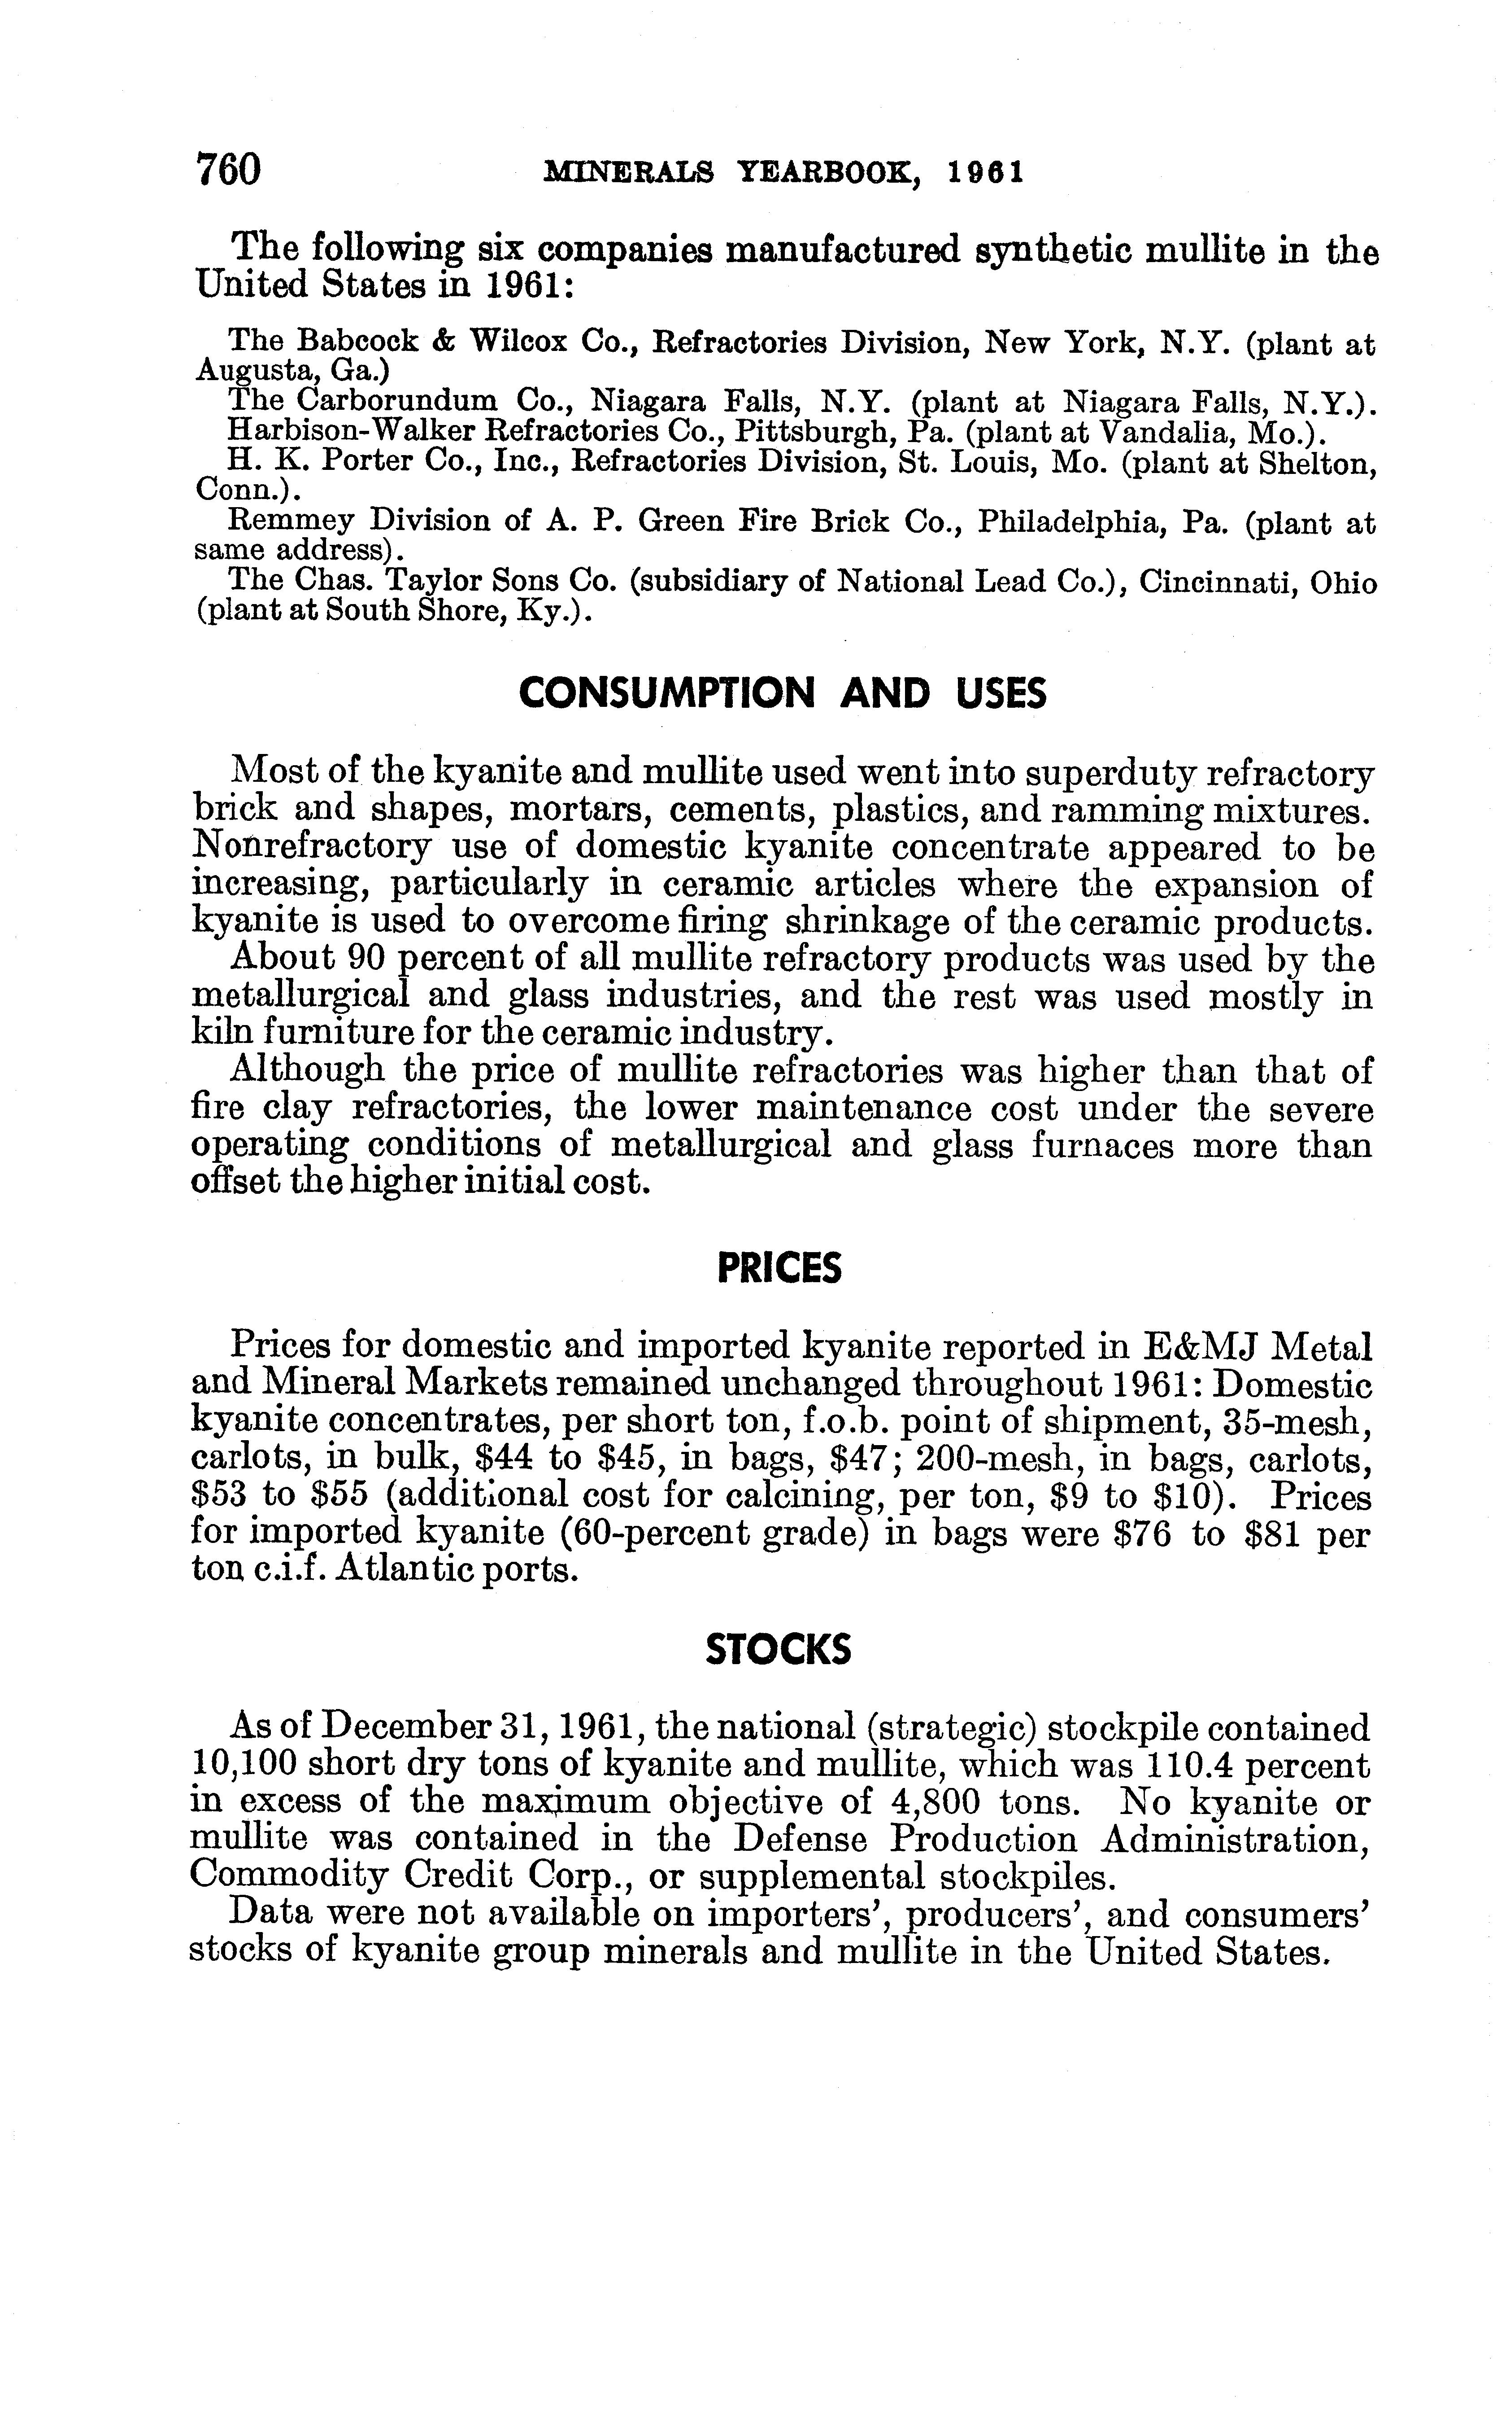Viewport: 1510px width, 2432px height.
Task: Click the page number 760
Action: coord(229,169)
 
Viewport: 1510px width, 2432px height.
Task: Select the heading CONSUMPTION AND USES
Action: coord(783,692)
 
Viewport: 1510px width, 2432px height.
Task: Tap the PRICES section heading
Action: coord(780,1269)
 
